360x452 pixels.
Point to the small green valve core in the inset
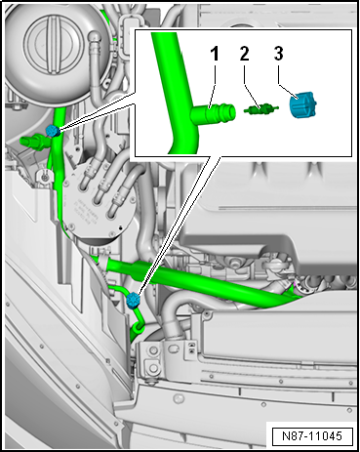(x=259, y=109)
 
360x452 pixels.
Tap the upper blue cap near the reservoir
(x=52, y=131)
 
